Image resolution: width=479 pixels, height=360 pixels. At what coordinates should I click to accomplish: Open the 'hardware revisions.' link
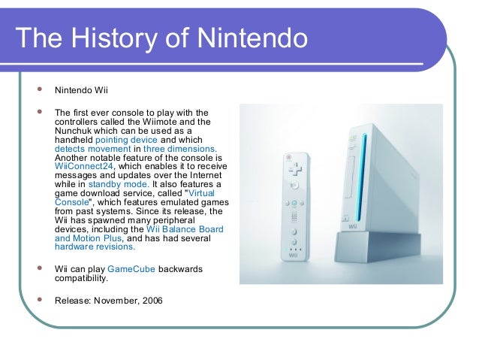coord(95,246)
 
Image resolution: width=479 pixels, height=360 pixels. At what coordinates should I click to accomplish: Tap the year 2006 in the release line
coord(149,302)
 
